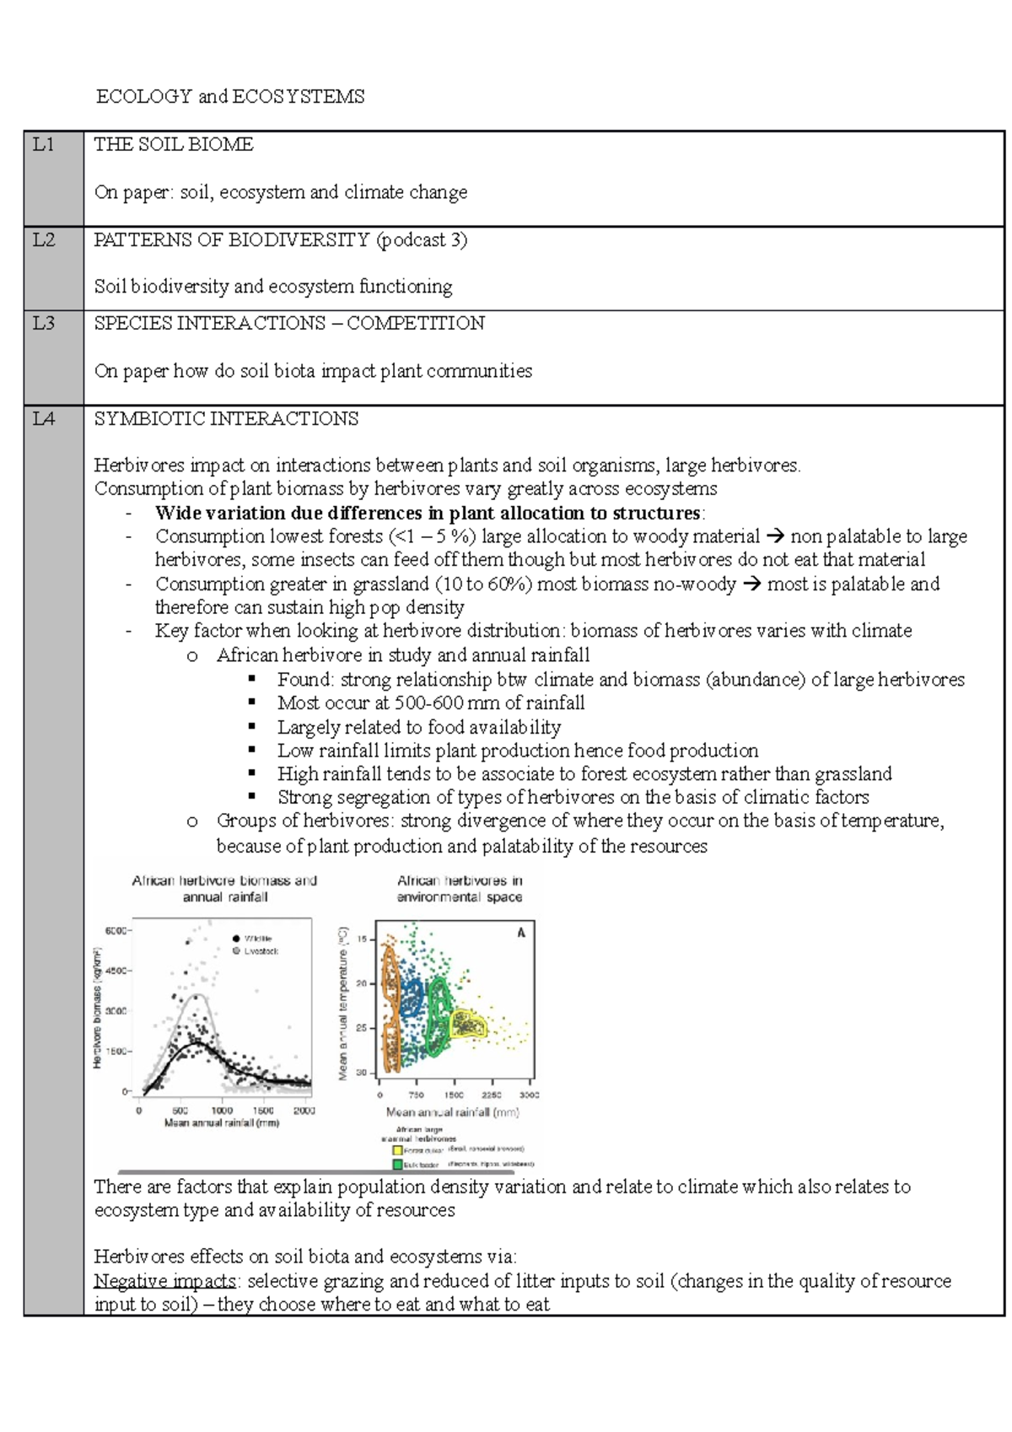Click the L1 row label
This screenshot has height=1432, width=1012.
click(43, 144)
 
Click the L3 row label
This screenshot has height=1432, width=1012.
click(43, 323)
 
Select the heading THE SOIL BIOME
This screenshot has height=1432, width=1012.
click(174, 144)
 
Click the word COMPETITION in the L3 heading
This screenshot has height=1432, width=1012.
click(416, 323)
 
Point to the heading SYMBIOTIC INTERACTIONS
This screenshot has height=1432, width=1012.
click(226, 418)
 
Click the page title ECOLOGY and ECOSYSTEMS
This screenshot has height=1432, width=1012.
click(230, 96)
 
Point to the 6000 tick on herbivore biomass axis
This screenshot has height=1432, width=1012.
click(116, 930)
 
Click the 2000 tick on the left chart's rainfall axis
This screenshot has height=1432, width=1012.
click(304, 1111)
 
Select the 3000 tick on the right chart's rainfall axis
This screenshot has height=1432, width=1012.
click(529, 1095)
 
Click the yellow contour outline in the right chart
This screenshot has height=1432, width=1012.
click(469, 1025)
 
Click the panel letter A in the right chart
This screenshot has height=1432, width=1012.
click(520, 933)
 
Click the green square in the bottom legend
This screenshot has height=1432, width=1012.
click(397, 1164)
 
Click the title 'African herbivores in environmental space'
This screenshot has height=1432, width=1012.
click(460, 888)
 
